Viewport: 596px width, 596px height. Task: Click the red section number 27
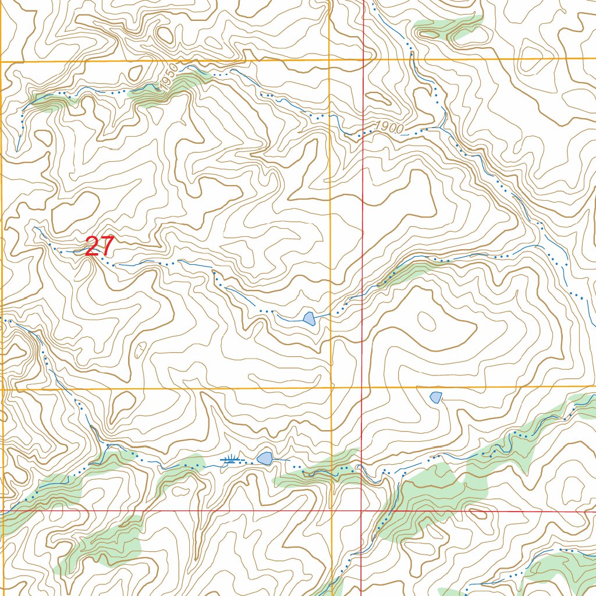tap(100, 246)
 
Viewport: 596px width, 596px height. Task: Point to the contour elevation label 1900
tap(388, 127)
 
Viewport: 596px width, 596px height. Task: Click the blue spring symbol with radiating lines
tap(232, 460)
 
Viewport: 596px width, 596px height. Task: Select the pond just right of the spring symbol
tap(265, 458)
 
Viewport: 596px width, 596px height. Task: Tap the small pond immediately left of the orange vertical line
tap(309, 318)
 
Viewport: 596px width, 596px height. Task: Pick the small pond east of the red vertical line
tap(435, 397)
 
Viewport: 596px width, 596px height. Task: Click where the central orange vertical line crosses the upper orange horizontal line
tap(329, 60)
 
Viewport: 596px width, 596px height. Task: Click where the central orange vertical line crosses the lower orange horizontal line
tap(332, 388)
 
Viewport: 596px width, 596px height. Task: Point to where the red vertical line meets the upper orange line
tap(364, 59)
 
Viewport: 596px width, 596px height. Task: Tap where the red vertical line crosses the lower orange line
tap(363, 388)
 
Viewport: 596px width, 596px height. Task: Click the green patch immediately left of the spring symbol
tap(183, 466)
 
